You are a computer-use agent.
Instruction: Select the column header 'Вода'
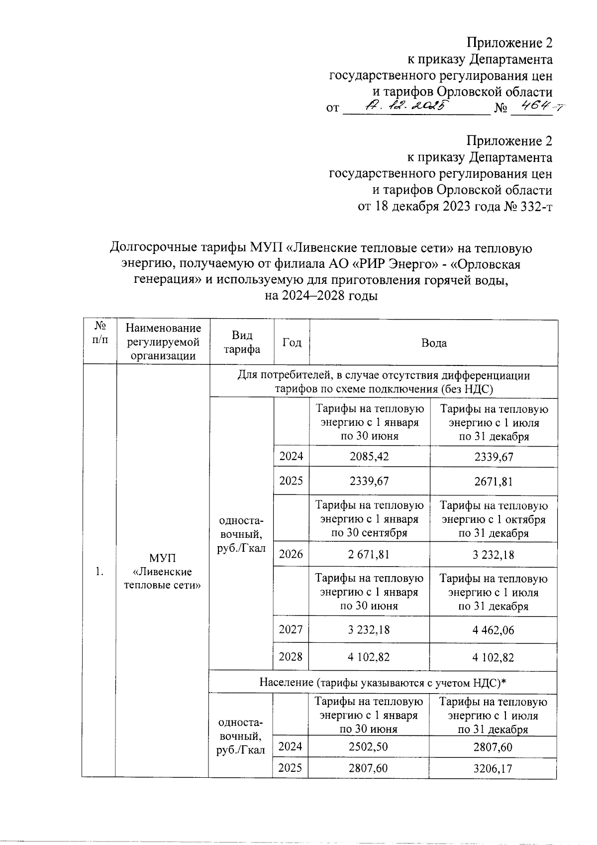pyautogui.click(x=433, y=343)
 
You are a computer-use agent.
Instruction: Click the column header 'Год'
pyautogui.click(x=292, y=343)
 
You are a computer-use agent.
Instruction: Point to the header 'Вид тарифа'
pyautogui.click(x=242, y=343)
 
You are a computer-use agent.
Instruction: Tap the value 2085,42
pyautogui.click(x=369, y=457)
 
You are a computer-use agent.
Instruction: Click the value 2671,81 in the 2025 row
pyautogui.click(x=493, y=482)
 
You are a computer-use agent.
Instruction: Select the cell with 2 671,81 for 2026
pyautogui.click(x=369, y=555)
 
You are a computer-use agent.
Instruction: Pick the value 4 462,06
pyautogui.click(x=493, y=630)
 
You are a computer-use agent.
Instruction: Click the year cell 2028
pyautogui.click(x=291, y=657)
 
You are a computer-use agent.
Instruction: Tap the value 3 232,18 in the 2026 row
pyautogui.click(x=493, y=555)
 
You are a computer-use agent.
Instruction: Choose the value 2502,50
pyautogui.click(x=369, y=747)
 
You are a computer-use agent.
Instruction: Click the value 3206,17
pyautogui.click(x=493, y=768)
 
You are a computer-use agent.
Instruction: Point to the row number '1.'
pyautogui.click(x=99, y=571)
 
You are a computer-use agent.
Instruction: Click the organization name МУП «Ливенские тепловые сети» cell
pyautogui.click(x=163, y=571)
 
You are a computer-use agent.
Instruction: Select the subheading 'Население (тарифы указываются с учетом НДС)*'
pyautogui.click(x=383, y=683)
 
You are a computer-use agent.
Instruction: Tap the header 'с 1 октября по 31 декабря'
pyautogui.click(x=493, y=519)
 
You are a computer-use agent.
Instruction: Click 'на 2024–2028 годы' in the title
pyautogui.click(x=321, y=296)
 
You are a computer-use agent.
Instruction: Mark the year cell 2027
pyautogui.click(x=291, y=629)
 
